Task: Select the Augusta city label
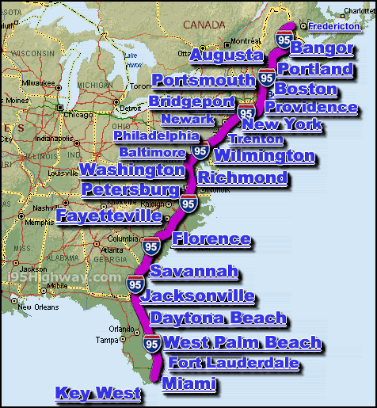coord(227,55)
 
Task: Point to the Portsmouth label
coord(204,80)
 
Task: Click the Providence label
coord(310,107)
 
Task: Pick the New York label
coord(281,124)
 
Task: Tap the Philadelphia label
coord(156,135)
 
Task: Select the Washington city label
coord(132,170)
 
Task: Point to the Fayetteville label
coord(109,215)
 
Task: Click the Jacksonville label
coord(202,297)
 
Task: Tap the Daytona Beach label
coord(218,318)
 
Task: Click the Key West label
coord(97,393)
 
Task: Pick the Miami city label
coord(188,384)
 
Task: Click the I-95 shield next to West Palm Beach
coord(153,344)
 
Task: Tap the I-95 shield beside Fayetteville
coord(189,204)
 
